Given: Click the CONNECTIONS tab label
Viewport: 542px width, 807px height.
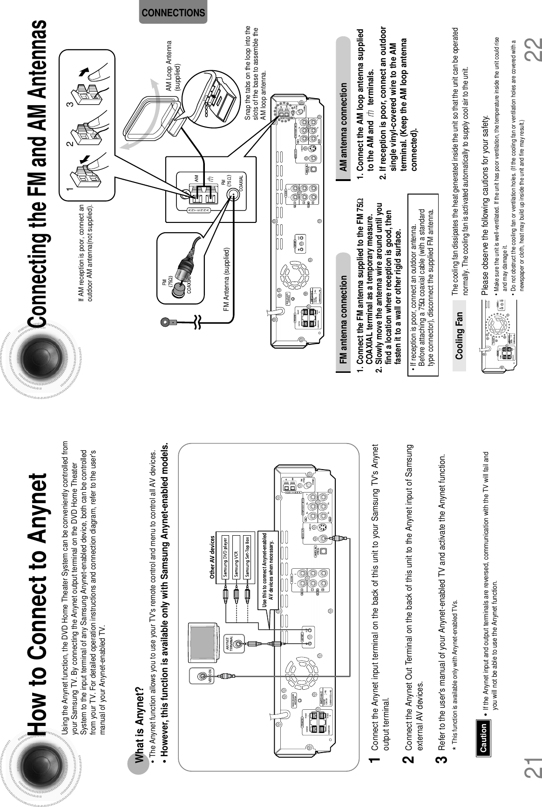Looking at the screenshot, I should click(173, 13).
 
